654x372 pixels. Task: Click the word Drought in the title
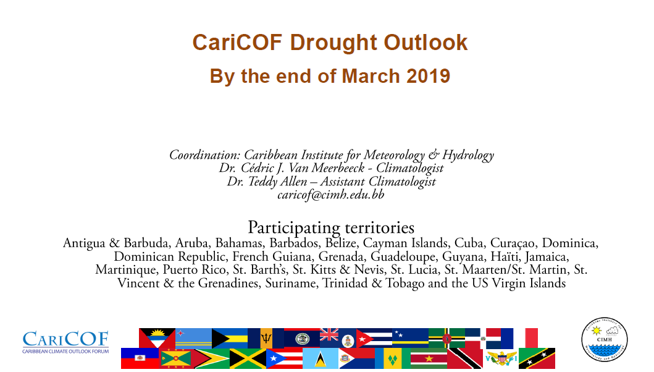click(333, 43)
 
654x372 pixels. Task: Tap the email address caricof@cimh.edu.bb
click(331, 195)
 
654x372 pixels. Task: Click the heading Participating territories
click(331, 227)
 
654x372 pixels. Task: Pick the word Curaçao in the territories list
click(513, 243)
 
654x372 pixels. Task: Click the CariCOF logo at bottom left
click(65, 342)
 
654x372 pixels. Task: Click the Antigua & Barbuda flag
click(157, 338)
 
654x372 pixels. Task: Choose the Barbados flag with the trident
click(266, 338)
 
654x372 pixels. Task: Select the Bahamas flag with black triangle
click(230, 338)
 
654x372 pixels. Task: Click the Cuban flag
click(374, 338)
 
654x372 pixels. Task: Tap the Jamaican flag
click(248, 358)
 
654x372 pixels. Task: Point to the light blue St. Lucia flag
click(321, 358)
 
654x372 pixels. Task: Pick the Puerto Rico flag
click(284, 358)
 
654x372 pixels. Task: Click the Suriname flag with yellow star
click(429, 358)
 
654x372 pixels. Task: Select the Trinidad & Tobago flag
click(465, 358)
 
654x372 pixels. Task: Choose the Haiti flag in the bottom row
click(140, 358)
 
